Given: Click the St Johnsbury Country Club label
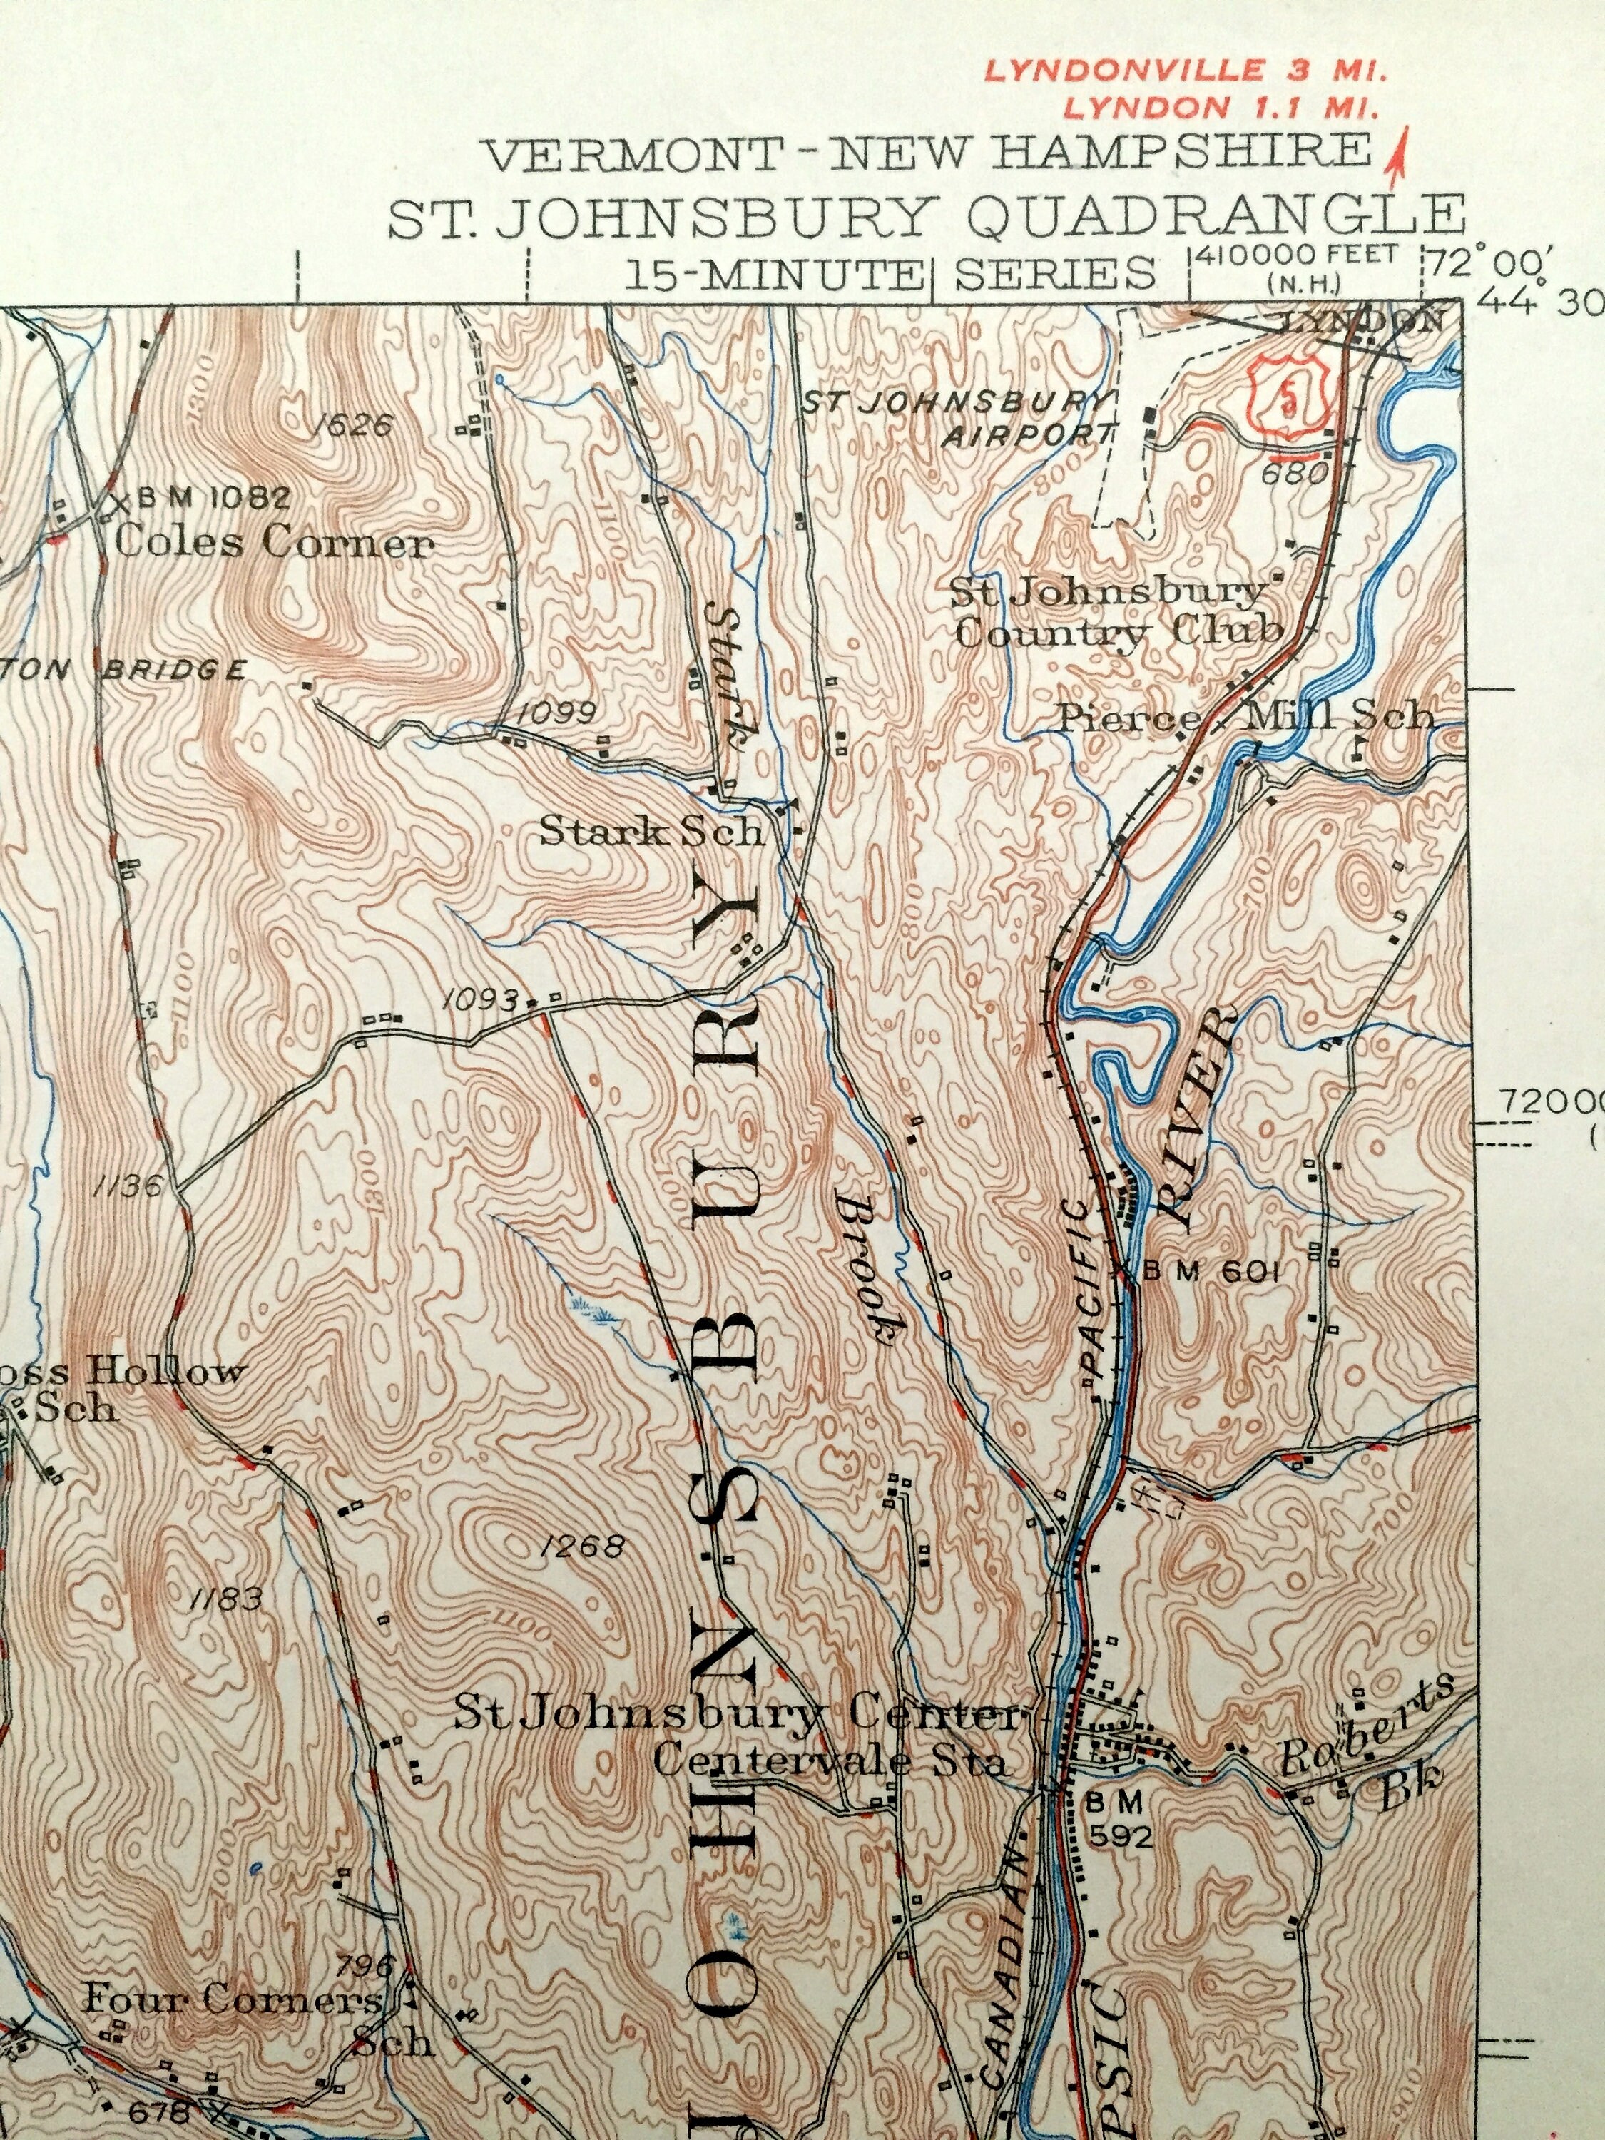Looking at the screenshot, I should pos(1117,613).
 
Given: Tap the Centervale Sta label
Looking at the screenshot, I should pos(829,1760).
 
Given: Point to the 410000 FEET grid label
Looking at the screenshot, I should pos(1296,255).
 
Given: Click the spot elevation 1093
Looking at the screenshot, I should pos(481,999).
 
